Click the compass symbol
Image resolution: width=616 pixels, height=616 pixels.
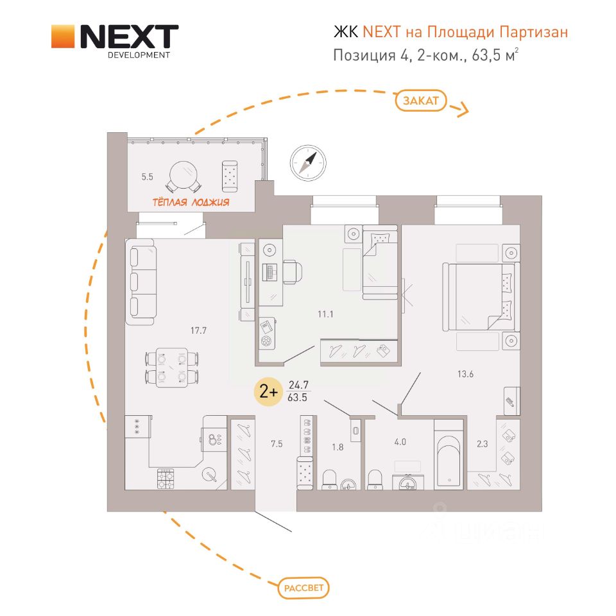click(x=308, y=162)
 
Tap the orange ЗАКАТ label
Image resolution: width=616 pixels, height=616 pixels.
click(x=421, y=101)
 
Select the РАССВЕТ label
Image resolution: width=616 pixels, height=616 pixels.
click(x=304, y=588)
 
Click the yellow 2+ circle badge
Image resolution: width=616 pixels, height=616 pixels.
click(x=269, y=391)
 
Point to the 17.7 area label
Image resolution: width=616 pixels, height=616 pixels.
click(x=198, y=331)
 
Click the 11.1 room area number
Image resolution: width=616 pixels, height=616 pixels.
click(x=326, y=314)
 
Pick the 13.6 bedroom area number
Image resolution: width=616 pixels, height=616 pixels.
click(x=466, y=374)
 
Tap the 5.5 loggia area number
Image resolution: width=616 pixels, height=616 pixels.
click(x=148, y=177)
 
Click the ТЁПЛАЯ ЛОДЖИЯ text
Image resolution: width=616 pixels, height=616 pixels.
click(x=191, y=202)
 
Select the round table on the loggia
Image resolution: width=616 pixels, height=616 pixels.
click(x=184, y=176)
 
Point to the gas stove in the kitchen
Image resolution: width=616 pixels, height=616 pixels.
click(x=166, y=479)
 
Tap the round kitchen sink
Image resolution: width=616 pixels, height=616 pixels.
click(x=209, y=475)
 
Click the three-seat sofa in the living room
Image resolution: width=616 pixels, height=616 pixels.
click(x=141, y=282)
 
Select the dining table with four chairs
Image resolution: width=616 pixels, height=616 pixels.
click(x=172, y=367)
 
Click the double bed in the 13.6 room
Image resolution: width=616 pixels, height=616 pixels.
click(x=479, y=296)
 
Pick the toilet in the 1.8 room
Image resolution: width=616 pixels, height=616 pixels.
click(x=329, y=480)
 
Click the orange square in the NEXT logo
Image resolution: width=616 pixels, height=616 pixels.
click(x=63, y=37)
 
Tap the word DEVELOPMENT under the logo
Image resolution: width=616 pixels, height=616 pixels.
click(x=139, y=55)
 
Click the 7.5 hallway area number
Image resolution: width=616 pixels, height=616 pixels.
click(x=277, y=444)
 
